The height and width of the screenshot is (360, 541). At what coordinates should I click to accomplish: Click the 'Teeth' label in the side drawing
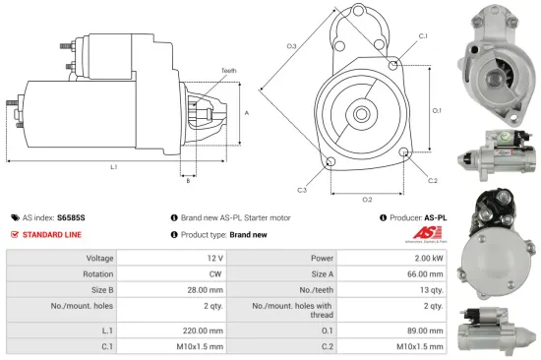point(228,71)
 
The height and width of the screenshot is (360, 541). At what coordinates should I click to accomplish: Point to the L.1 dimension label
point(114,167)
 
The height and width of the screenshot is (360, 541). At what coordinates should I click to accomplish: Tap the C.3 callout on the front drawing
point(302,190)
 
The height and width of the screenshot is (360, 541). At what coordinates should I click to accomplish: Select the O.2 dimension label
point(367,198)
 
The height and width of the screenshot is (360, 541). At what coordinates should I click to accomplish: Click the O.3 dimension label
point(292,46)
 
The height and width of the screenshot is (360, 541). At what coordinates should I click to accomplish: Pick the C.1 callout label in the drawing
point(423,36)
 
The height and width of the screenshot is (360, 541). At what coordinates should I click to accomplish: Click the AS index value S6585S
point(72,216)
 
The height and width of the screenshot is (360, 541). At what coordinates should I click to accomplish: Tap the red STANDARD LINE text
point(52,235)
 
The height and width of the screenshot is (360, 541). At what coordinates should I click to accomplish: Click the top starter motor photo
point(499,61)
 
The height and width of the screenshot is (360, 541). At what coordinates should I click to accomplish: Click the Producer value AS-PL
point(436,216)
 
